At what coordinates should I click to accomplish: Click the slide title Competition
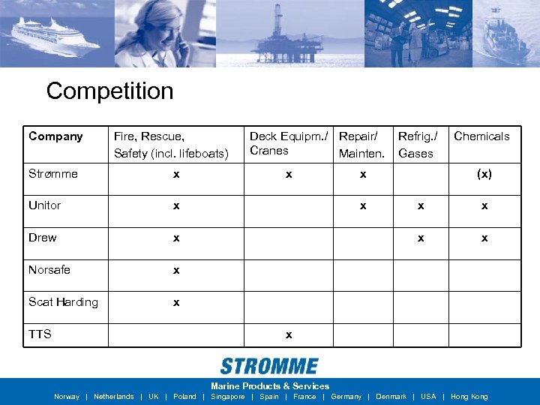[x=109, y=91]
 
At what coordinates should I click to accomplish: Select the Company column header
[x=55, y=136]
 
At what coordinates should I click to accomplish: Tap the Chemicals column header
[x=481, y=136]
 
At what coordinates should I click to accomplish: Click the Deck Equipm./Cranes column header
[x=288, y=143]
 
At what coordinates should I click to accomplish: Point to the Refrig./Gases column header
[x=416, y=144]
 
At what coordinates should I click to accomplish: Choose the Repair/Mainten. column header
[x=361, y=144]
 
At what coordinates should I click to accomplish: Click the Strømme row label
[x=52, y=174]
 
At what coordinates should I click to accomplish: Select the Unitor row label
[x=44, y=205]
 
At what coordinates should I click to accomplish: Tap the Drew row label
[x=42, y=238]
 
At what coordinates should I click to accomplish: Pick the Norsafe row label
[x=49, y=270]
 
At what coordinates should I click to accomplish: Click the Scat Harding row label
[x=63, y=302]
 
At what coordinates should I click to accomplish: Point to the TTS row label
[x=40, y=334]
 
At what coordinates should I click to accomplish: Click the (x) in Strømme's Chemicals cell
[x=484, y=174]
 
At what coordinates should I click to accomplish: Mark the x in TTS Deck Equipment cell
[x=289, y=334]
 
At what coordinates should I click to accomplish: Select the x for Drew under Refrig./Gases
[x=421, y=238]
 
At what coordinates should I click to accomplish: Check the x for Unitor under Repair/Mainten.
[x=363, y=205]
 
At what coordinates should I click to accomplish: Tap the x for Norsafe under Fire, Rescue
[x=176, y=270]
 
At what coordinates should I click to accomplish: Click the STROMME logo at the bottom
[x=269, y=367]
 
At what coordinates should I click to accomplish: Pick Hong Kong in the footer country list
[x=469, y=397]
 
